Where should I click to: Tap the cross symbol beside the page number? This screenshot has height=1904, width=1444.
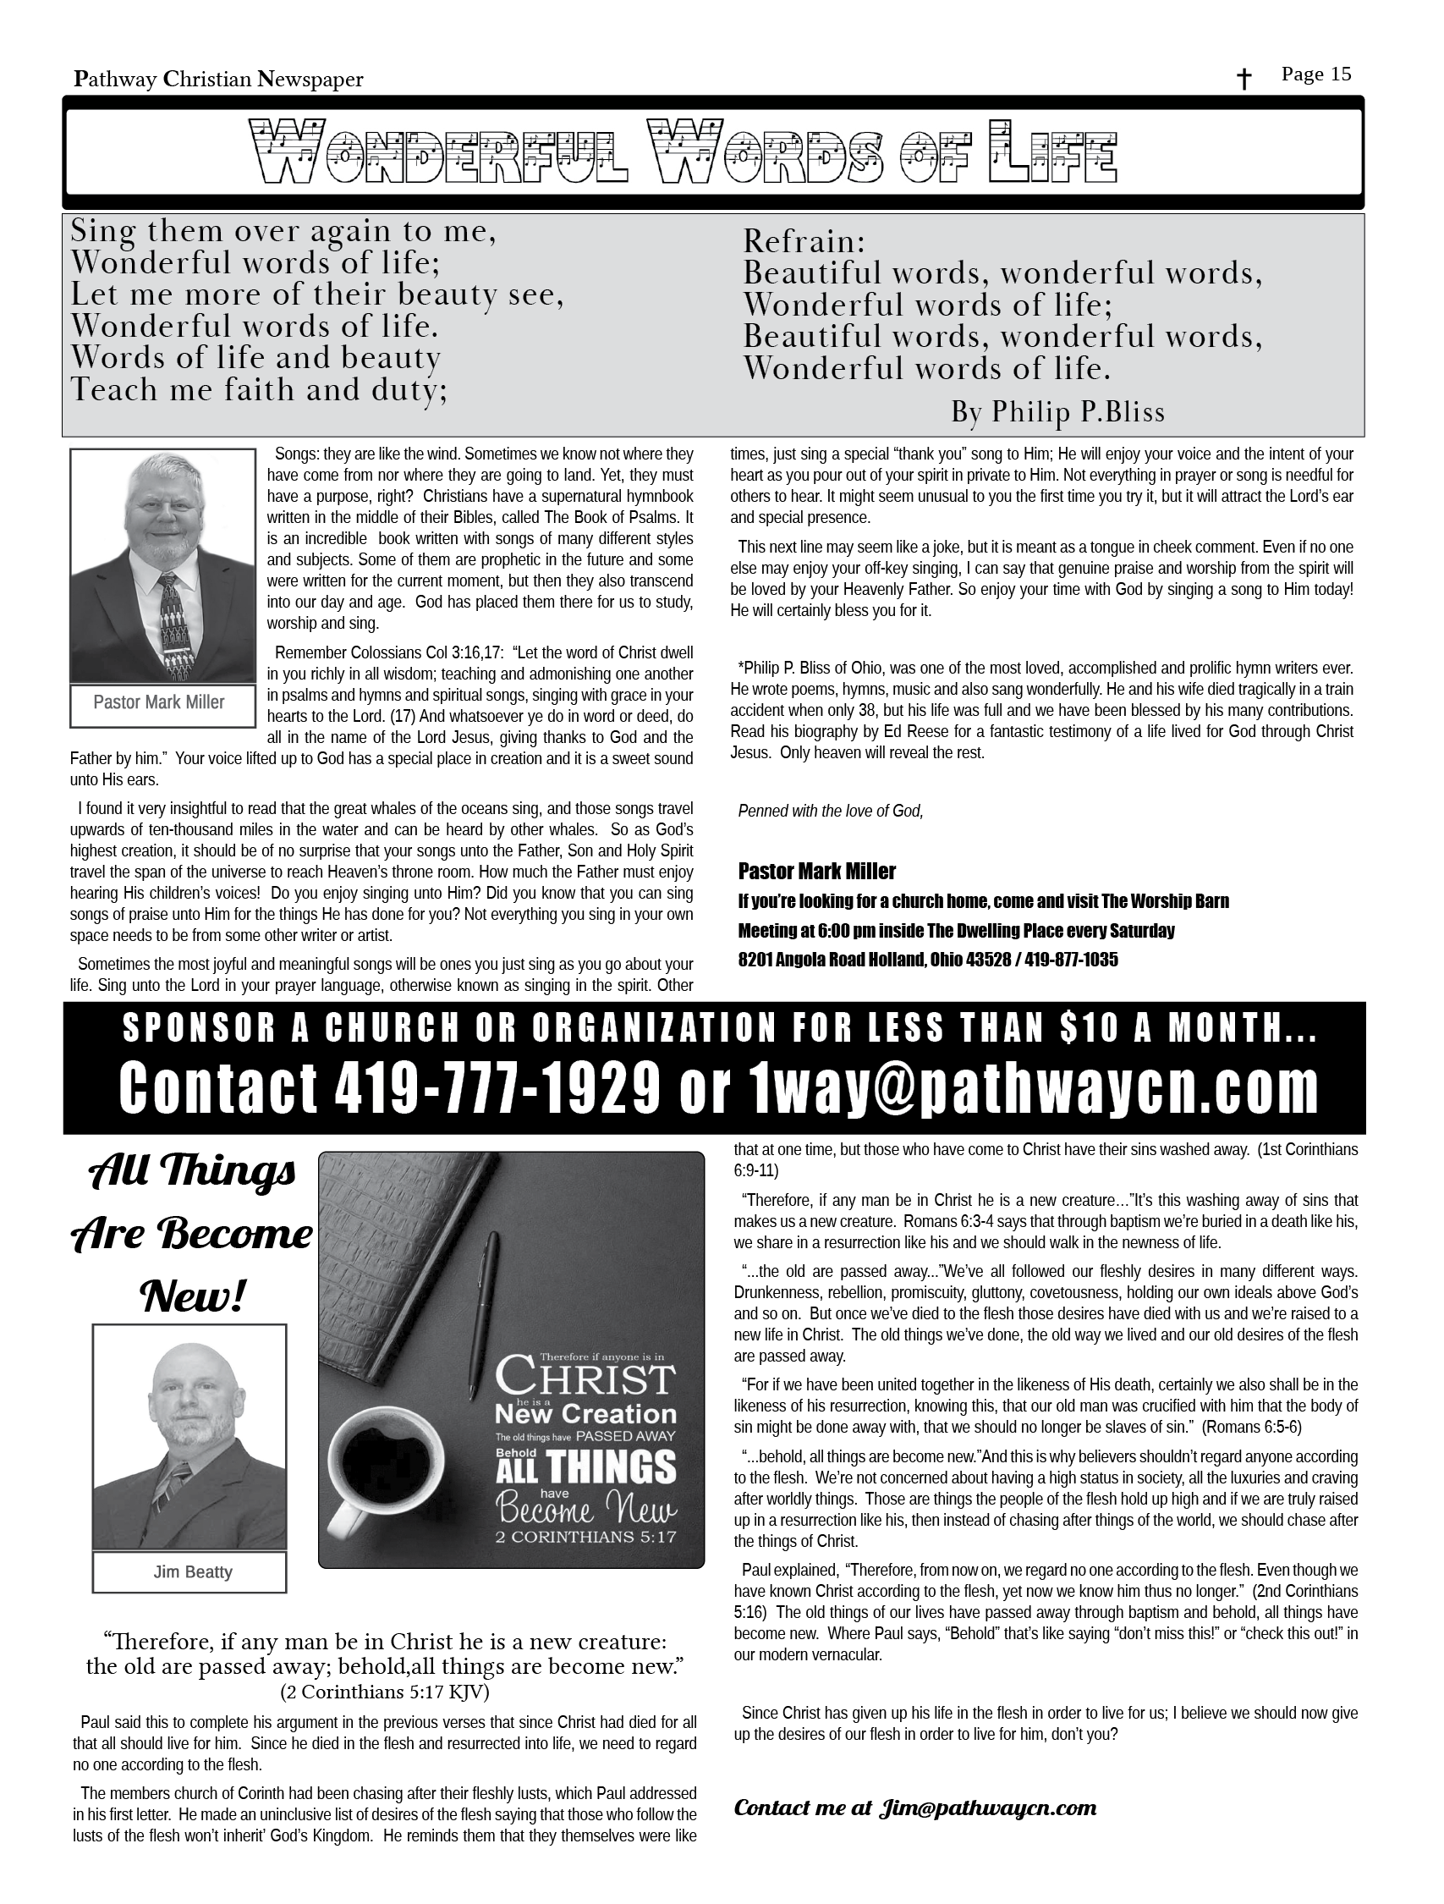[1244, 80]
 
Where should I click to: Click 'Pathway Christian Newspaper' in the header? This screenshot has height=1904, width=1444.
[218, 80]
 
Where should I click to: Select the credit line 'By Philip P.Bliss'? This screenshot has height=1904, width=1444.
[1057, 412]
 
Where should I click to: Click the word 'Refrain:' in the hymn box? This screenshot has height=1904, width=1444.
[804, 241]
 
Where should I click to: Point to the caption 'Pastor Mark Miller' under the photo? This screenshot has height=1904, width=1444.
[159, 702]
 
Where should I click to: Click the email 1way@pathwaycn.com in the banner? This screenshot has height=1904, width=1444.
[1033, 1087]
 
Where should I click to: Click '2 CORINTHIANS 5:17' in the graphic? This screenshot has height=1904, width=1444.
[586, 1537]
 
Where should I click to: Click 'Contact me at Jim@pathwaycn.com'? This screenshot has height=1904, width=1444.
[914, 1808]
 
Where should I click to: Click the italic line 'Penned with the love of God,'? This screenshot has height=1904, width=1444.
[831, 811]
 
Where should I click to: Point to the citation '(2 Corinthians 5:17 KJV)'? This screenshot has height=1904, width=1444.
[385, 1692]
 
